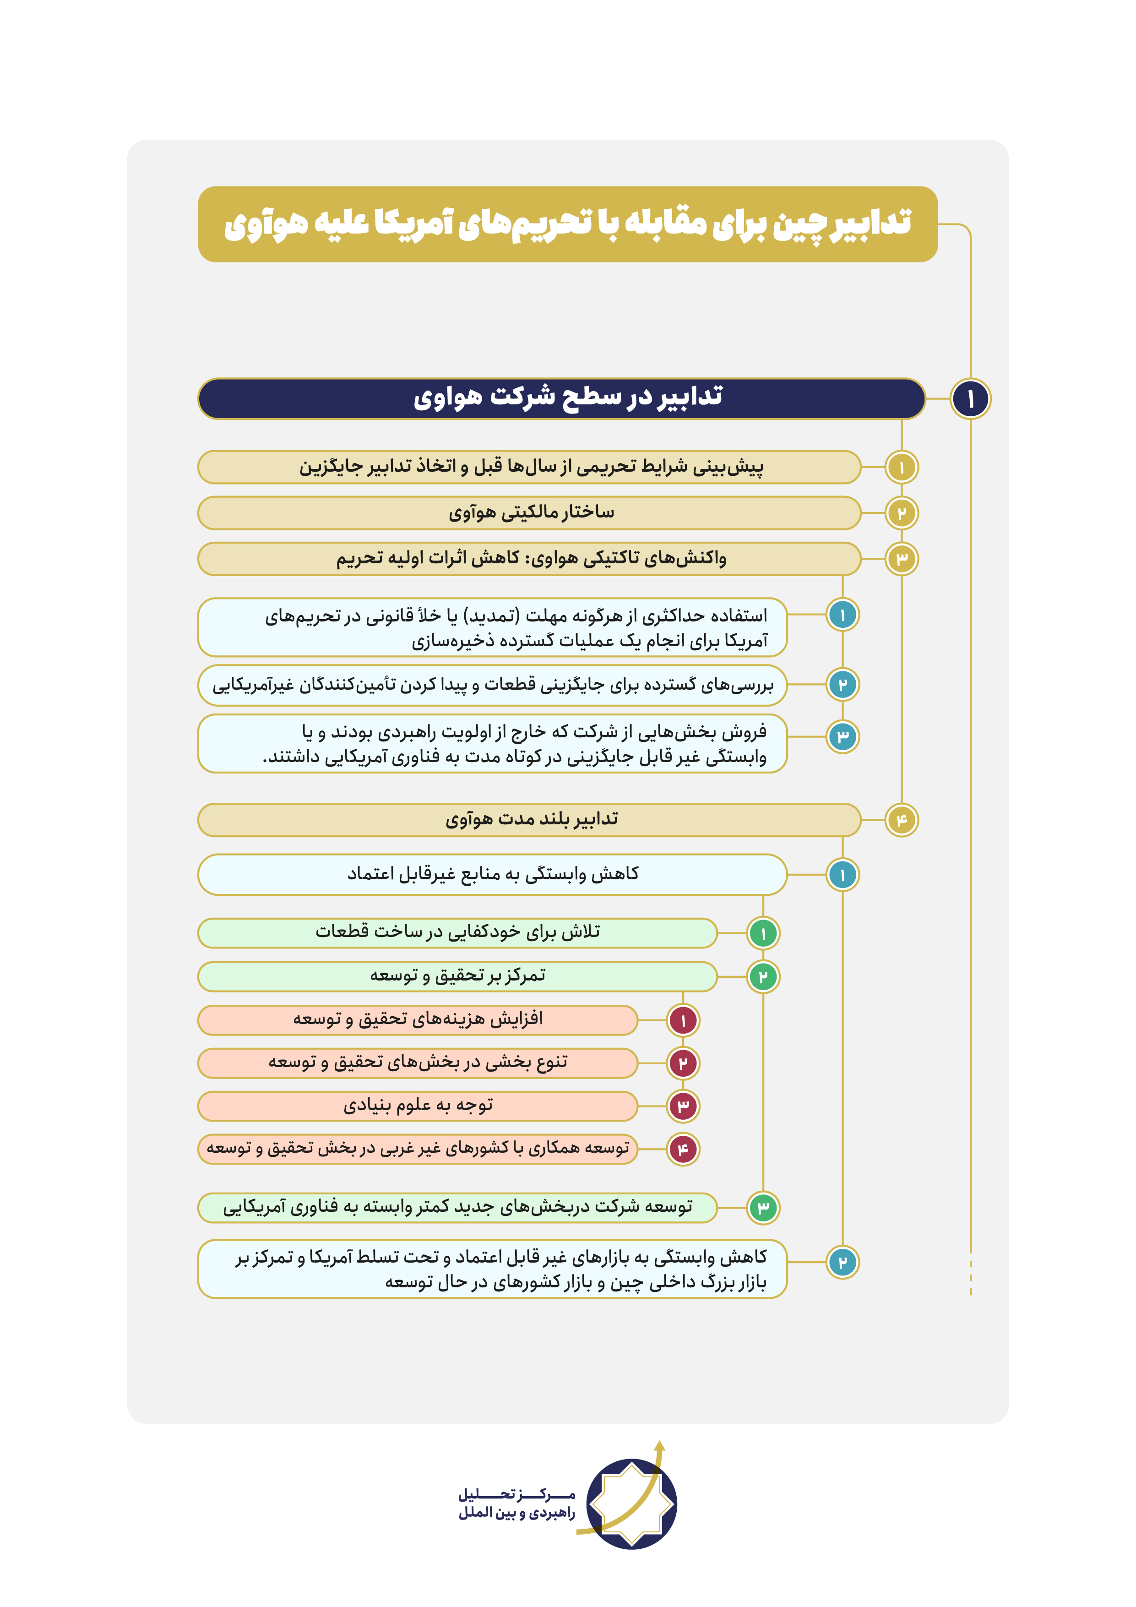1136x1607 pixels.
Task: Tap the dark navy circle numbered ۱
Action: click(970, 399)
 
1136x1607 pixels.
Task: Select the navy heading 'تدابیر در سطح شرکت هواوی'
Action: click(561, 398)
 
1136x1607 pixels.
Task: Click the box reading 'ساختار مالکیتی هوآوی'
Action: click(529, 513)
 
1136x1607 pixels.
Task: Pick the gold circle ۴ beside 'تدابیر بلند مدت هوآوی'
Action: click(902, 820)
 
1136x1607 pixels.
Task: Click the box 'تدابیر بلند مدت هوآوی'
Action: click(529, 820)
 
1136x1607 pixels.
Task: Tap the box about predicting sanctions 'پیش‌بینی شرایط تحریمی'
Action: click(529, 467)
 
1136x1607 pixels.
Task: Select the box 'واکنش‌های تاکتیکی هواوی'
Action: click(529, 559)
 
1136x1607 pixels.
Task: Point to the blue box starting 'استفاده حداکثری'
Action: click(492, 627)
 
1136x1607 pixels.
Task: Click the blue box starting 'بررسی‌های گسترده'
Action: click(492, 685)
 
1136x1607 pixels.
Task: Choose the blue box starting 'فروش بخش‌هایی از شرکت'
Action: click(492, 743)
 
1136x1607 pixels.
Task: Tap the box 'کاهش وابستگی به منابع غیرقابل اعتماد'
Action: click(492, 874)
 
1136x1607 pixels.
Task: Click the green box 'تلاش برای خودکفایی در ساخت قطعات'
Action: click(457, 932)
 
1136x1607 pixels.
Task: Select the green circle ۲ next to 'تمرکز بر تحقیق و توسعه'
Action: click(763, 976)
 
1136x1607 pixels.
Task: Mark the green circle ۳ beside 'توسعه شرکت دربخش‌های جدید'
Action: click(763, 1207)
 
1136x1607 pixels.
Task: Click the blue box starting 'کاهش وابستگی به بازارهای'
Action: click(492, 1269)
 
